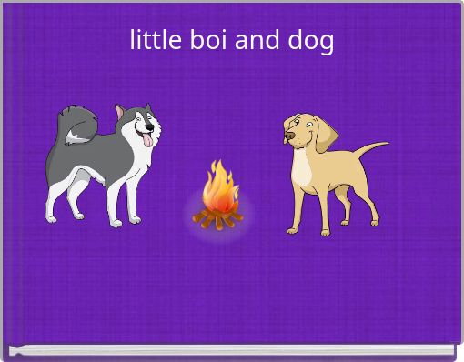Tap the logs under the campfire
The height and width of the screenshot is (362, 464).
click(x=217, y=218)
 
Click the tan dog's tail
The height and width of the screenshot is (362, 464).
click(x=369, y=147)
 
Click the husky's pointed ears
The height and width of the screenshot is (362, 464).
click(x=123, y=111)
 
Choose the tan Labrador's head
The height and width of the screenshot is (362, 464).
click(x=304, y=132)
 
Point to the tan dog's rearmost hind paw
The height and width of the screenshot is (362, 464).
click(x=375, y=221)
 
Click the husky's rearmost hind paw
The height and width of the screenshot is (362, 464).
click(x=51, y=218)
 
